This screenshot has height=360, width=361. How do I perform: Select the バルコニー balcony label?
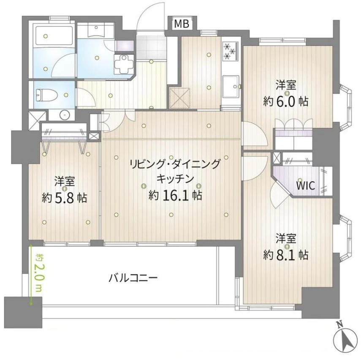tap(133, 278)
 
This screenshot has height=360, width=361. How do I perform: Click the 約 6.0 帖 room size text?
tap(286, 101)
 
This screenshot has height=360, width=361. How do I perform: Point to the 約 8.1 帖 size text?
tap(286, 254)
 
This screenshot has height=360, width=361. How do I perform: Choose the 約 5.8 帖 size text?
tap(64, 197)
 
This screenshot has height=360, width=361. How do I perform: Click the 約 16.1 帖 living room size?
tap(175, 195)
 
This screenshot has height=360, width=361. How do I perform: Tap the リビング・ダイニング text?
tap(175, 164)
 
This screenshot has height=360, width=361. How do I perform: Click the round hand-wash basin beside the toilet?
tap(64, 114)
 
